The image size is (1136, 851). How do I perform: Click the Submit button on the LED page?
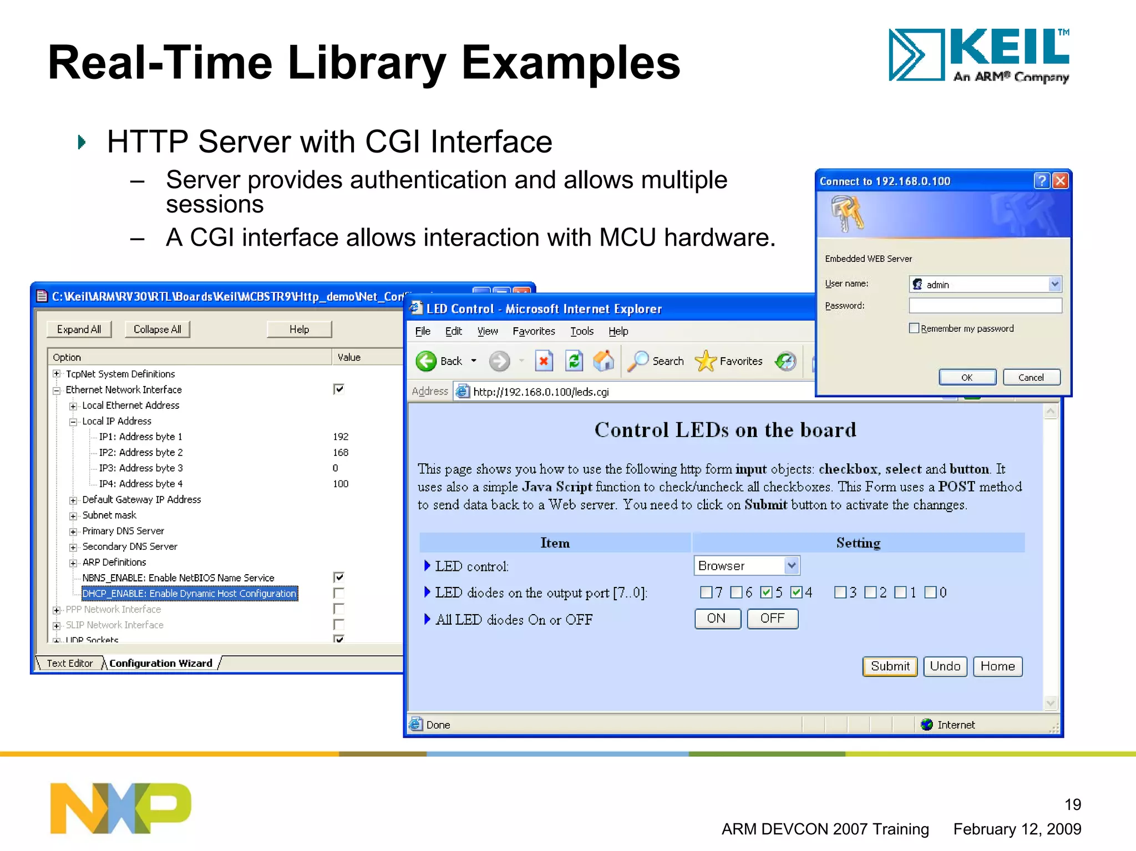point(890,666)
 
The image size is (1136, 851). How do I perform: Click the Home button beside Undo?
point(997,666)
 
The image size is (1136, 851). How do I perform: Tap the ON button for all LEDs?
point(717,619)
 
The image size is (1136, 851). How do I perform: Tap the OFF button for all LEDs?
point(772,619)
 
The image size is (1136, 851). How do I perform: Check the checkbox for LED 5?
point(767,592)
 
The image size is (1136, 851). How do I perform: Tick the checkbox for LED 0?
point(930,592)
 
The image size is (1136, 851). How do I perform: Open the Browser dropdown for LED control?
point(792,566)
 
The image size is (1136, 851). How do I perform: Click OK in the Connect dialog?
point(967,377)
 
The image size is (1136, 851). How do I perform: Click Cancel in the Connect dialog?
point(1031,377)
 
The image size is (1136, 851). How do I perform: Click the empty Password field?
point(985,306)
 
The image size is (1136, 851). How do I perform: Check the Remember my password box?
point(914,328)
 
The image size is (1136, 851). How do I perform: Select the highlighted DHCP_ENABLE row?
point(190,594)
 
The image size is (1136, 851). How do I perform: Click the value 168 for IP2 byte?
point(341,453)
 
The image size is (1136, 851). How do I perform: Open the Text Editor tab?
point(70,663)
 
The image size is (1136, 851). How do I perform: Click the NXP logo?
point(120,808)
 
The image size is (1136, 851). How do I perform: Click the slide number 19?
point(1072,804)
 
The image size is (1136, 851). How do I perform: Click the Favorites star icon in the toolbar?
point(706,361)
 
